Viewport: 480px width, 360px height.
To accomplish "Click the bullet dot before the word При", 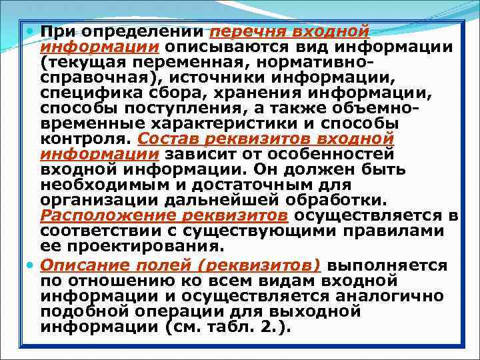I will click(x=33, y=31).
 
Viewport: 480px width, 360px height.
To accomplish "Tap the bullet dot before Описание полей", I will click(x=33, y=265).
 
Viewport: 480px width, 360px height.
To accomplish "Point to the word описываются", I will click(x=232, y=47).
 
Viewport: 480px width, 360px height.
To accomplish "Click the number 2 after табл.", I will click(x=268, y=327).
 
